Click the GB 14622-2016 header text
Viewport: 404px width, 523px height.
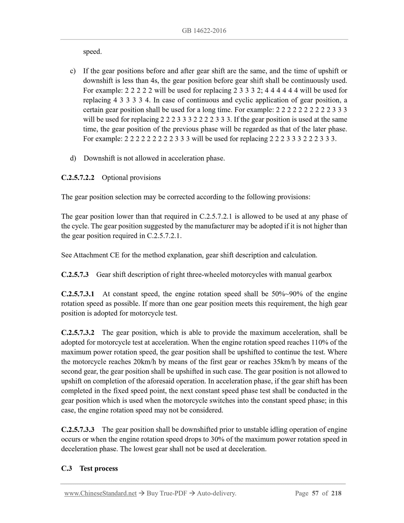coord(204,31)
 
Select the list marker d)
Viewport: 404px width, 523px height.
coord(73,158)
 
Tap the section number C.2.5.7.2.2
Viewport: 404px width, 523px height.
coord(78,178)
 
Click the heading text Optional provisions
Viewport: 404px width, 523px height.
coord(131,178)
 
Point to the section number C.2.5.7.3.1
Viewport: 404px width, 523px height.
coord(78,294)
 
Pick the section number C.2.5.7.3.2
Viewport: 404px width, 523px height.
coord(78,333)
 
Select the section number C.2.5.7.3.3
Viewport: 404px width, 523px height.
coord(78,430)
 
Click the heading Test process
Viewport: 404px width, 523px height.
coord(99,468)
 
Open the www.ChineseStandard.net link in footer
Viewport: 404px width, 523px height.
coord(100,493)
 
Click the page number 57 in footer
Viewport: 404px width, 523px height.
coord(315,493)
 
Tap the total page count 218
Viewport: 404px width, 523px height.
coord(336,493)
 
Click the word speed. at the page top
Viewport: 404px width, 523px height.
coord(92,52)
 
